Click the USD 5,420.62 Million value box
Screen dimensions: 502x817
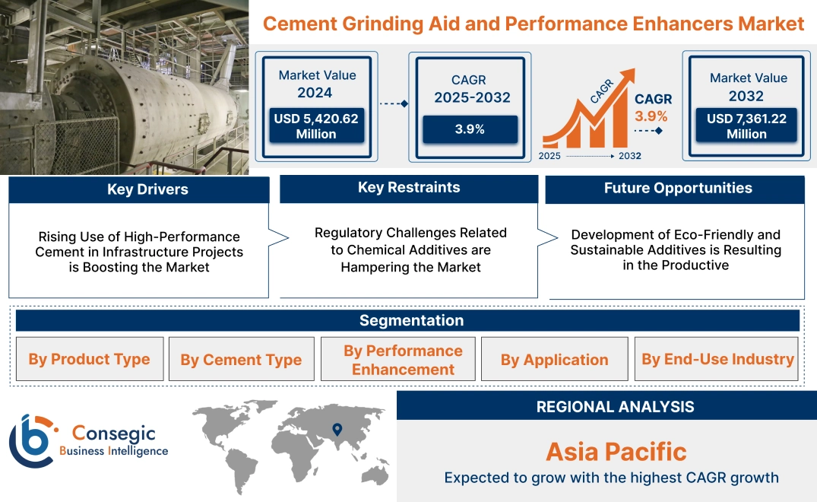tap(316, 125)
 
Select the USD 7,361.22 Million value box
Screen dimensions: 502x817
tap(747, 125)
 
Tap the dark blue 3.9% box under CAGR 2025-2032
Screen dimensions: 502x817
tap(470, 129)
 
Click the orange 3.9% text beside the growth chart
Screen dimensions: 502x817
tap(651, 116)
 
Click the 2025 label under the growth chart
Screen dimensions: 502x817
tap(551, 156)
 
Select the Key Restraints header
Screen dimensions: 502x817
tap(409, 188)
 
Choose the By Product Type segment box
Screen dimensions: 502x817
tap(89, 359)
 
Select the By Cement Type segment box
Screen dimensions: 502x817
tap(241, 360)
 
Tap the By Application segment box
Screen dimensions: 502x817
tap(554, 360)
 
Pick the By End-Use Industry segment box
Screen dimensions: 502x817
tap(717, 359)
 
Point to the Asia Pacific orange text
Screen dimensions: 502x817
tap(616, 452)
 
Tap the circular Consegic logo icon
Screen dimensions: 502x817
tap(32, 441)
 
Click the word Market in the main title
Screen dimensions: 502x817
tap(771, 24)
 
